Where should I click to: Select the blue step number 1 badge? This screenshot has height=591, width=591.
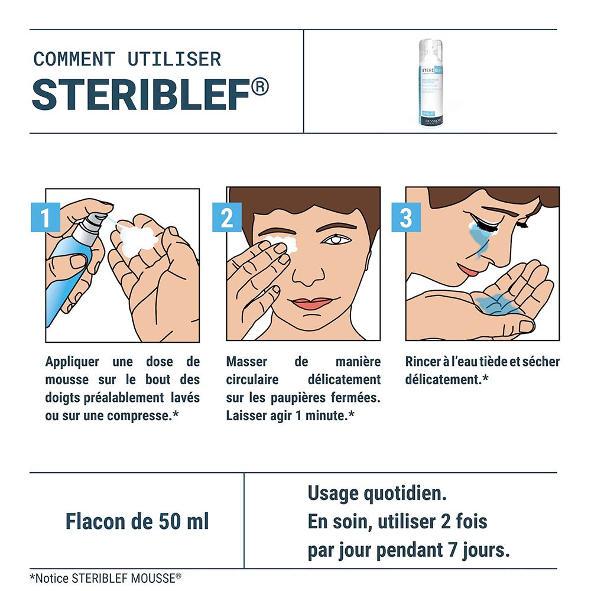coord(46,218)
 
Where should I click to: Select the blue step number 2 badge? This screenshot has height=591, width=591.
coord(227,218)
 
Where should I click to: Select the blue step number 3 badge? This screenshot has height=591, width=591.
coord(406,218)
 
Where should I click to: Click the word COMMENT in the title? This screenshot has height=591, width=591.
coord(74,60)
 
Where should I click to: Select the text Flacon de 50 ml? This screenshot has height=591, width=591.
coord(137,522)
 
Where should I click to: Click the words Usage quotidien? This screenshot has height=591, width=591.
coord(376,493)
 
